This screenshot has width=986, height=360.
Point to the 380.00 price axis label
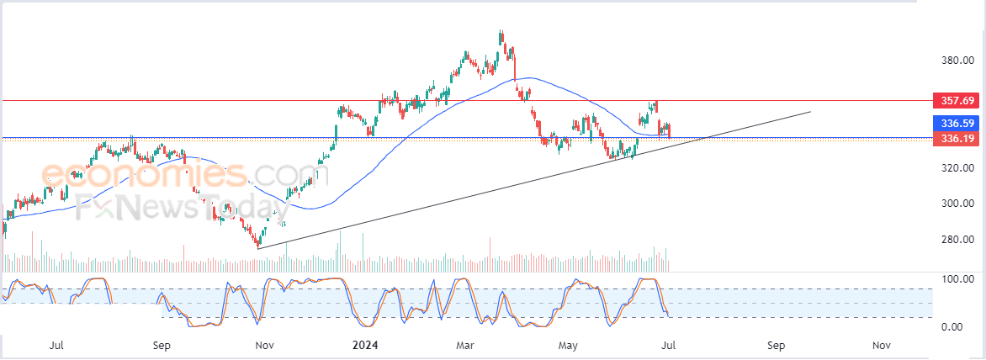[x=957, y=61]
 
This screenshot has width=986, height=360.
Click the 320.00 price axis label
[x=957, y=168]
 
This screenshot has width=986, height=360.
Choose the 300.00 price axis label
[x=957, y=204]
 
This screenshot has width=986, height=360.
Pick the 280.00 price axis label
[x=957, y=240]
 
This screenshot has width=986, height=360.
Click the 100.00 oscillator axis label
[x=957, y=278]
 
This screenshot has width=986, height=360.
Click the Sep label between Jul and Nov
[x=162, y=345]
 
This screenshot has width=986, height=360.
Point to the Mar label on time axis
[x=464, y=345]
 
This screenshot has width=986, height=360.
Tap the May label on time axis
[x=569, y=345]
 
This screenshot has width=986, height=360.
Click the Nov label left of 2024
[x=264, y=345]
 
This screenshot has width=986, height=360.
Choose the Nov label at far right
[x=881, y=345]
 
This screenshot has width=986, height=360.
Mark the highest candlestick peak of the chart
[x=501, y=32]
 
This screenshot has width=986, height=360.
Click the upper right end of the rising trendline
[x=810, y=111]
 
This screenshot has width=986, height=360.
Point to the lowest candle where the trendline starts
[x=258, y=247]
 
